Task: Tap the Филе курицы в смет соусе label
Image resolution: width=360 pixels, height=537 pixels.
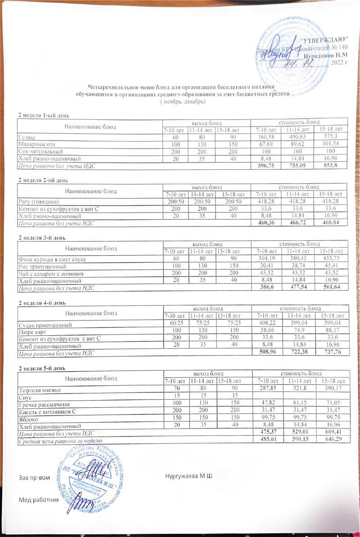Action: click(51, 259)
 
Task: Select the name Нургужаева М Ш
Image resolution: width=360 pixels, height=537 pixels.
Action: click(189, 476)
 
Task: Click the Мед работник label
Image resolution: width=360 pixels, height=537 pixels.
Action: click(39, 500)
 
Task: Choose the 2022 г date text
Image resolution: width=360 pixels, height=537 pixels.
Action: click(339, 63)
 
